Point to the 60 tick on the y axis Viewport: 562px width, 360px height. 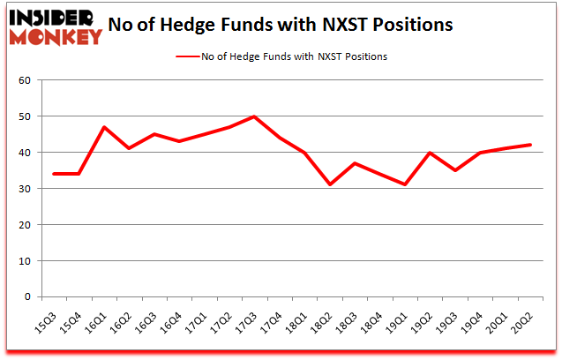click(26, 80)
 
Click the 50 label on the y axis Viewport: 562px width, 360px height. click(26, 116)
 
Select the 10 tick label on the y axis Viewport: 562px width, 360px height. click(26, 261)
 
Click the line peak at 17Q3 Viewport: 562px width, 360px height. click(254, 116)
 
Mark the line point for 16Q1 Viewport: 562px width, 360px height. click(104, 127)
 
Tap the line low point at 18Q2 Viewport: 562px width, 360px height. click(329, 184)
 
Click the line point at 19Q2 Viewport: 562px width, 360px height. click(430, 153)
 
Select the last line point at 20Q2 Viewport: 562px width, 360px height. click(529, 145)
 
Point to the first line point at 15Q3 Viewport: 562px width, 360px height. click(55, 174)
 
